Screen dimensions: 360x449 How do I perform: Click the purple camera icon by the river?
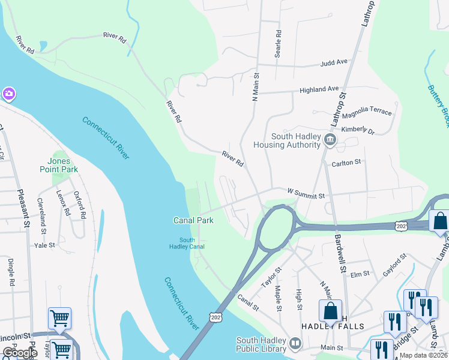[x=8, y=94]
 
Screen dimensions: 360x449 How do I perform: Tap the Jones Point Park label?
[x=63, y=165]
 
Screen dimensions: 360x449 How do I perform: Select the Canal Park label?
[x=194, y=220]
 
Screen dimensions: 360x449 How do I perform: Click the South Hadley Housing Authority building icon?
[x=330, y=140]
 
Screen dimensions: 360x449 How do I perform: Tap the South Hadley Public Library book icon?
[x=295, y=344]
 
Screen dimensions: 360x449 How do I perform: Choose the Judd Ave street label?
[x=334, y=62]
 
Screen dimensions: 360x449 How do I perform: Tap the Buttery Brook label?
[x=438, y=105]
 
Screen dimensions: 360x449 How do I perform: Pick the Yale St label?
[x=44, y=245]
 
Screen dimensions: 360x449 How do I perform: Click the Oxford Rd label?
[x=80, y=204]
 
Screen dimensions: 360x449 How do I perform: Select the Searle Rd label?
[x=278, y=44]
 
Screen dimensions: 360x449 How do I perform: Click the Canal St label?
[x=247, y=302]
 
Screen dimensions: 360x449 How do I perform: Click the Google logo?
[x=19, y=353]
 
